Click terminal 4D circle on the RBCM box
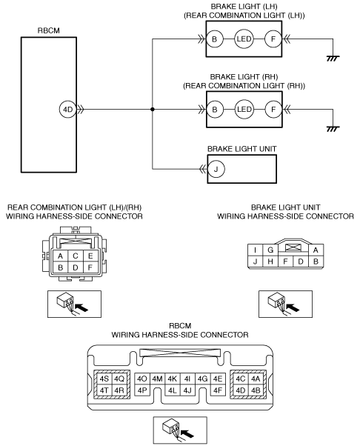(x=68, y=109)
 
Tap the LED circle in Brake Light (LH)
(x=244, y=39)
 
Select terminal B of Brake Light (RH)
(x=215, y=109)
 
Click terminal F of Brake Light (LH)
(x=273, y=39)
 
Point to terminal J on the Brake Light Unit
(x=216, y=169)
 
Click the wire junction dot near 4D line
(x=153, y=109)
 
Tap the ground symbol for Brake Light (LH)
(x=333, y=59)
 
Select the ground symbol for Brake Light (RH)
(x=333, y=129)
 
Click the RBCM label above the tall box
(x=49, y=30)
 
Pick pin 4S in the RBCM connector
(x=104, y=379)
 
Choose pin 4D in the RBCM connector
(x=240, y=390)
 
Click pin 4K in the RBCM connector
(x=173, y=379)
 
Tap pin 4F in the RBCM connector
(x=218, y=390)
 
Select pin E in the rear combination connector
(x=90, y=256)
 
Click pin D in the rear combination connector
(x=76, y=267)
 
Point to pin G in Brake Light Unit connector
(x=270, y=250)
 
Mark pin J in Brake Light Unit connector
(x=255, y=262)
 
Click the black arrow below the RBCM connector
(x=187, y=433)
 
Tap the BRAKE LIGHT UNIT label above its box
(x=242, y=149)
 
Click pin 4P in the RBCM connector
(x=142, y=390)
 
